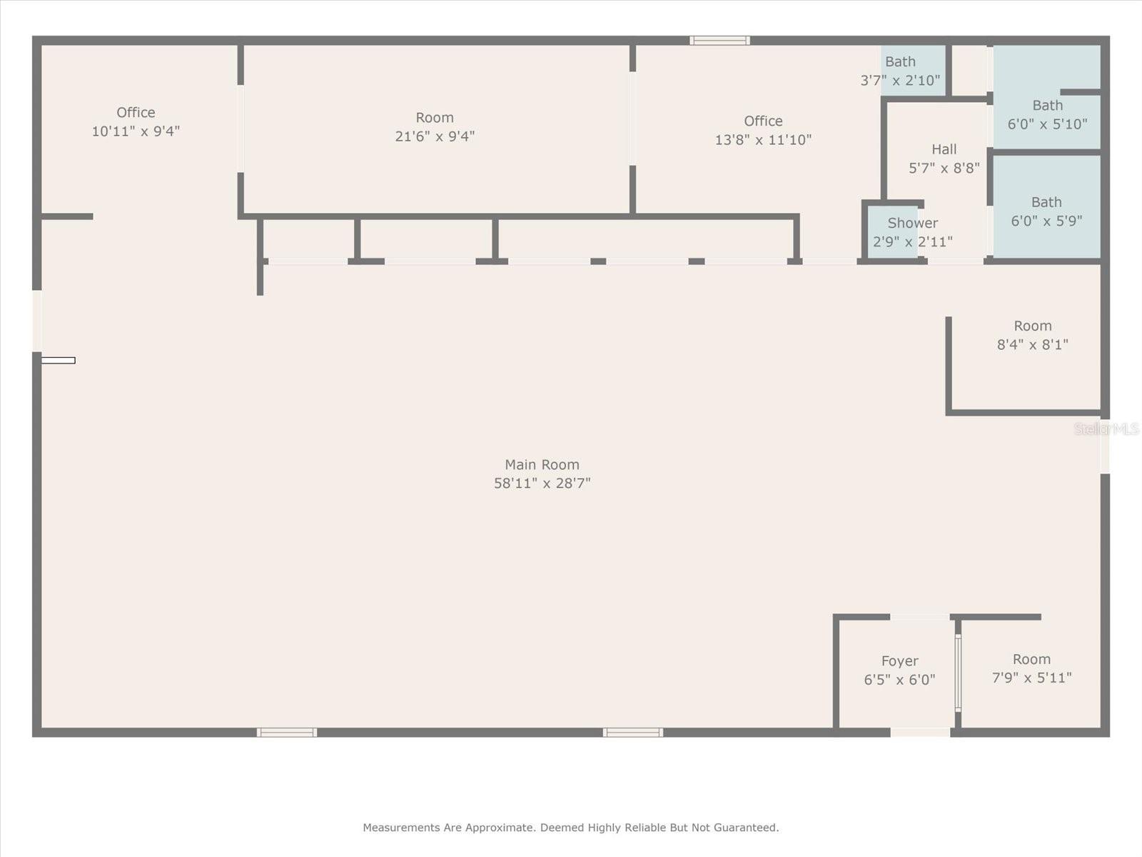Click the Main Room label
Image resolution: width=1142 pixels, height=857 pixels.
coord(542,464)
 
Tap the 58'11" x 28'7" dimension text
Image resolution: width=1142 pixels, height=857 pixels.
coord(542,483)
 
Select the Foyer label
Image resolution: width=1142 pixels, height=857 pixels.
coord(899,661)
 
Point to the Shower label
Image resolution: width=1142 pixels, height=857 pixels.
coord(913,223)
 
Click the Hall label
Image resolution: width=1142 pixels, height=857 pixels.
coord(944,149)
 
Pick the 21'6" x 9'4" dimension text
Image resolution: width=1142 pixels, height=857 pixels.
coord(435,136)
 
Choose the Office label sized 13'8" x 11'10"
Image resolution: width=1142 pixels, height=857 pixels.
coord(763,121)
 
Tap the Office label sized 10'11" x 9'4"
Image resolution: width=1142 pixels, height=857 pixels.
coord(136,112)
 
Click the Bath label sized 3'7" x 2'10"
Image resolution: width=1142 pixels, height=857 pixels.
coord(900,61)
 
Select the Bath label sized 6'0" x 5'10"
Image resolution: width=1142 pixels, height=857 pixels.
coord(1047,105)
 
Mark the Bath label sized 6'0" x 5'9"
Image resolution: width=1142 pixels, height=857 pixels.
coord(1046,202)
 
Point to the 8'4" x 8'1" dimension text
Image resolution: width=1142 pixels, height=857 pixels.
coord(1032,344)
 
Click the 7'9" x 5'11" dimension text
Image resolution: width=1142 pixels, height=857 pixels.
coord(1031,678)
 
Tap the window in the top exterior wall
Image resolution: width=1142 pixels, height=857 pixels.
coord(719,41)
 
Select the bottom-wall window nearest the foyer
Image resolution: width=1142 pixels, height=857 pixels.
coord(632,733)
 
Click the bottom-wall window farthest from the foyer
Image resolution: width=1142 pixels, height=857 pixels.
coord(287,733)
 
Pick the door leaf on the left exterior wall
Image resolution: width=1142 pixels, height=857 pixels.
coord(59,360)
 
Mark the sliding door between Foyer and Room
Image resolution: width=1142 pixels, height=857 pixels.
coord(958,673)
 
